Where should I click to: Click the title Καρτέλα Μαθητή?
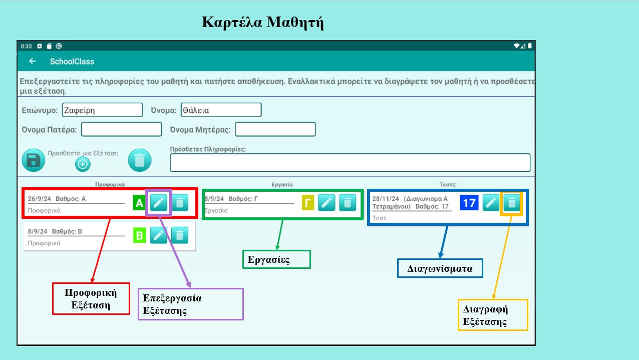click(x=262, y=23)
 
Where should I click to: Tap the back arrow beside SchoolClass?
click(x=33, y=62)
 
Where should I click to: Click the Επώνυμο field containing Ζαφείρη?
click(x=103, y=110)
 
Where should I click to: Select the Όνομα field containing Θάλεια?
click(x=221, y=110)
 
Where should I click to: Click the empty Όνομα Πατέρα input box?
click(x=122, y=130)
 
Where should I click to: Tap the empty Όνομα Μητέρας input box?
click(x=275, y=130)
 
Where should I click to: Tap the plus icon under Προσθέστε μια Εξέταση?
click(x=83, y=164)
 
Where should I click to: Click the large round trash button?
click(x=140, y=160)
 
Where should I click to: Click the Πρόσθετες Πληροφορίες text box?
click(x=350, y=163)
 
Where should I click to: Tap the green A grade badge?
click(x=139, y=203)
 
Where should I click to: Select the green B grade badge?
click(x=139, y=235)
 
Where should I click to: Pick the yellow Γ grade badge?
click(x=307, y=203)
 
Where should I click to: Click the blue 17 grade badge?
click(x=469, y=203)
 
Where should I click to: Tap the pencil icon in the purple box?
click(x=159, y=203)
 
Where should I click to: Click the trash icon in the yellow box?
click(x=511, y=203)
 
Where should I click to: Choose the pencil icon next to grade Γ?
click(x=327, y=203)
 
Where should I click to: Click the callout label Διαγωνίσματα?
click(x=440, y=268)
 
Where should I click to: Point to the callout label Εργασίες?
click(x=276, y=259)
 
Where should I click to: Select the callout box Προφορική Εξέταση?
click(x=91, y=298)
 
